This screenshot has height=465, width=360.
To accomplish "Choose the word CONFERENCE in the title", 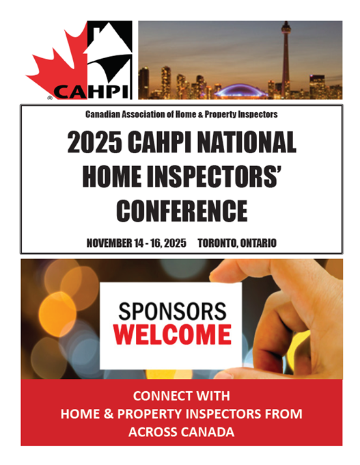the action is [182, 211].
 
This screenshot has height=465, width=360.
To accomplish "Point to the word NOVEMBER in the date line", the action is [109, 243].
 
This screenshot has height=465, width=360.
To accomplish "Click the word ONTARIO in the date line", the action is [258, 243].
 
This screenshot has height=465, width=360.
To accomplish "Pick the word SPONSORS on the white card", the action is [172, 311].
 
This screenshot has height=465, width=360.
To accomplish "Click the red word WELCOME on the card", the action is [172, 334].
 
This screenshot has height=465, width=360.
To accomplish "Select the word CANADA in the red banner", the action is [208, 431].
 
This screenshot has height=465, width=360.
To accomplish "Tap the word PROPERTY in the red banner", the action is [148, 414].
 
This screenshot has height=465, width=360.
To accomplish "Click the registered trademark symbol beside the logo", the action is [50, 97].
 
